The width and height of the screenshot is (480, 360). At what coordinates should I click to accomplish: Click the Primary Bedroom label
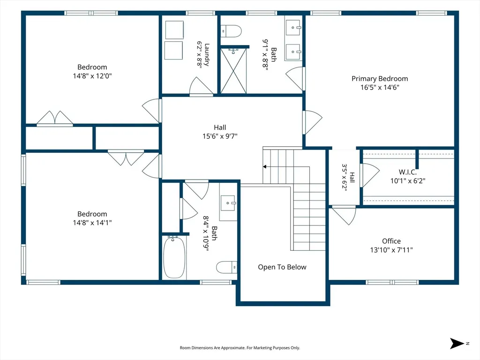tap(380, 79)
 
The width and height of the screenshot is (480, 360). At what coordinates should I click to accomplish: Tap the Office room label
tap(391, 241)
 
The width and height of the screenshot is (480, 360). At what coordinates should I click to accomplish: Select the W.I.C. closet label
tap(407, 172)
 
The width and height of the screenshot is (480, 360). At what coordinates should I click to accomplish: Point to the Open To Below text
tap(282, 267)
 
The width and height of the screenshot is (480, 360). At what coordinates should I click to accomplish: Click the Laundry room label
tap(207, 55)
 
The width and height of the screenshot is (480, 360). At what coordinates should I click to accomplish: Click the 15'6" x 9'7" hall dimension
tap(220, 136)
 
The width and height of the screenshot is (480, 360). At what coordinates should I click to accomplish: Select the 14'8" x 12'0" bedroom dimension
tap(92, 75)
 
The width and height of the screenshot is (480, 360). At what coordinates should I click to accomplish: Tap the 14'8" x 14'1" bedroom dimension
tap(92, 223)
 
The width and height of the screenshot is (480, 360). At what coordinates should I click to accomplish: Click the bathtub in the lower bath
tap(174, 257)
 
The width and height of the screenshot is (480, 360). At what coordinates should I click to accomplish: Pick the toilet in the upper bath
tap(231, 31)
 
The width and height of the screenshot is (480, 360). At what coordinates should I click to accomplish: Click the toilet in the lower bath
tap(226, 267)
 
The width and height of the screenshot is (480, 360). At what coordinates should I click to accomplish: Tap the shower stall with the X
tap(233, 71)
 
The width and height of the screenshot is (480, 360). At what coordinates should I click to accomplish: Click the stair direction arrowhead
tap(264, 167)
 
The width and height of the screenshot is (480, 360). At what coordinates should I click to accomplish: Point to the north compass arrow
tap(457, 344)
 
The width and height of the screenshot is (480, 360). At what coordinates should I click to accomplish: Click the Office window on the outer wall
tap(392, 282)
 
